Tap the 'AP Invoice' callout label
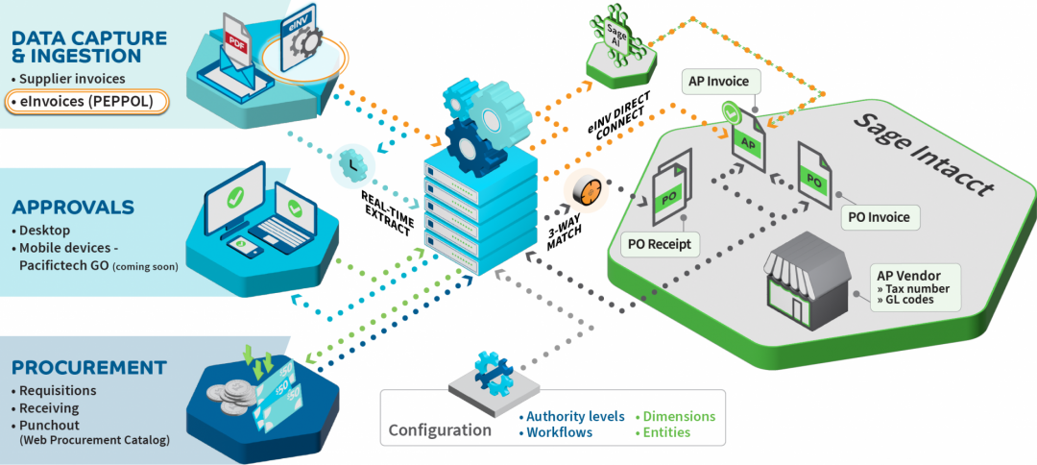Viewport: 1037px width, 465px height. click(719, 82)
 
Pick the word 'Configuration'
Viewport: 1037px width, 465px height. click(440, 429)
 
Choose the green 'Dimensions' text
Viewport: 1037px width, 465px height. click(678, 416)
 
